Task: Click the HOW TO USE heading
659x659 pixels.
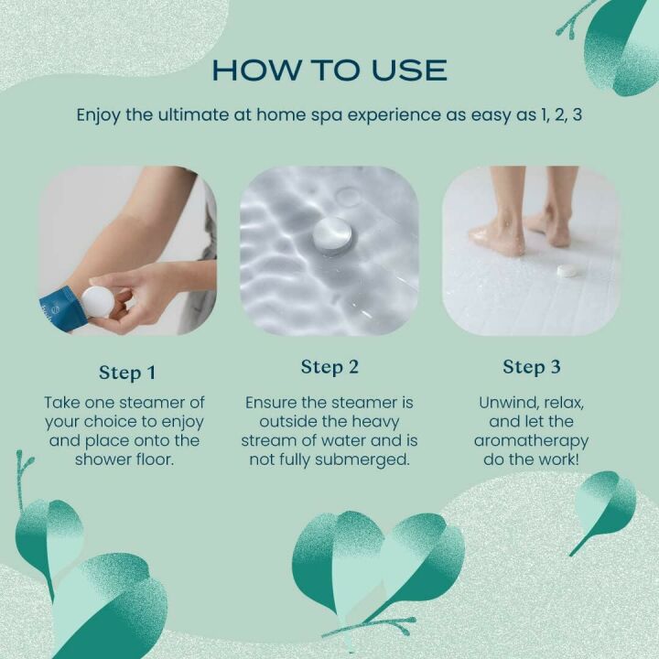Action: coord(329,70)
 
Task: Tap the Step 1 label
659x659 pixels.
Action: coord(127,373)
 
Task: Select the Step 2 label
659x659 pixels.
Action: coord(329,367)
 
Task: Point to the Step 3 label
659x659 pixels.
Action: coord(531,367)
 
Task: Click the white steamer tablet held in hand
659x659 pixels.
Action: coord(98,301)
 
